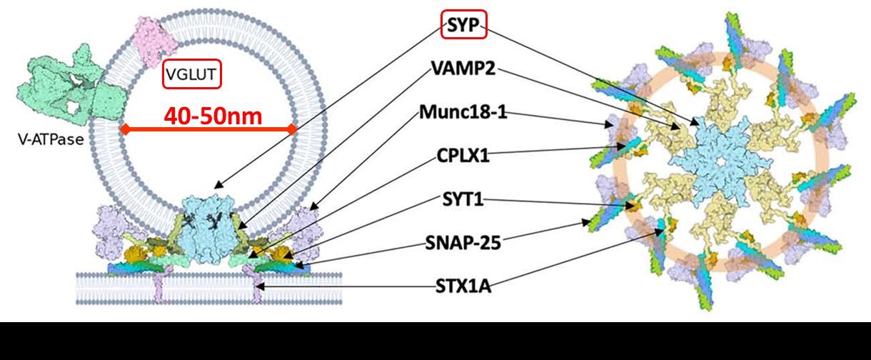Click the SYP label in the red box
pyautogui.click(x=463, y=26)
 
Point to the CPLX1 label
pyautogui.click(x=463, y=155)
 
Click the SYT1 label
pyautogui.click(x=462, y=199)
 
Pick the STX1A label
pyautogui.click(x=463, y=288)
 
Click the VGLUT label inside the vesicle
pyautogui.click(x=191, y=74)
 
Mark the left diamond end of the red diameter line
pyautogui.click(x=123, y=129)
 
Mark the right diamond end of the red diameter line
pyautogui.click(x=292, y=129)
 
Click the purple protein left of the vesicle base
pyautogui.click(x=114, y=232)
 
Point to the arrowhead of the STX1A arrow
pyautogui.click(x=260, y=287)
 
